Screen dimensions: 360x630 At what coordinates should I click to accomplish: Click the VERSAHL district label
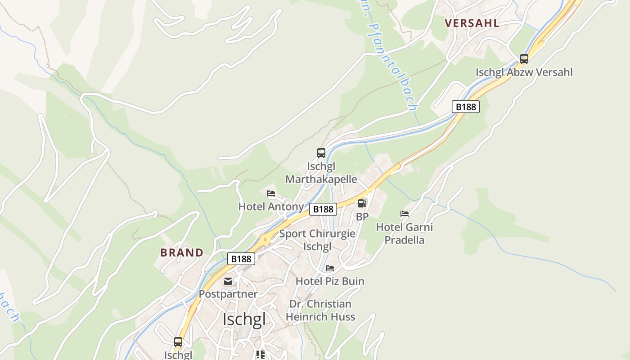[x=472, y=23]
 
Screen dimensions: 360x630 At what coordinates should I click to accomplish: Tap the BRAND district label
[x=182, y=252]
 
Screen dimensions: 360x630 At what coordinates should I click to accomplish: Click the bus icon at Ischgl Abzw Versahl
[x=524, y=58]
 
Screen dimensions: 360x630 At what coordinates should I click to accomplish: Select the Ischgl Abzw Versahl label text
[x=524, y=72]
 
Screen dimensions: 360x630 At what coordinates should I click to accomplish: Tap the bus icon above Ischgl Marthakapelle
[x=321, y=153]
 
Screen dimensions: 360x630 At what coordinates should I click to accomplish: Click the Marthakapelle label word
[x=321, y=179]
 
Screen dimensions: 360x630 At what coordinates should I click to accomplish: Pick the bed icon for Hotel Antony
[x=271, y=193]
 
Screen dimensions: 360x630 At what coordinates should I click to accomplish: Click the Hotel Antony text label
[x=271, y=207]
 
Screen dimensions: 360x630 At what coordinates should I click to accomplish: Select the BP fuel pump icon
[x=362, y=203]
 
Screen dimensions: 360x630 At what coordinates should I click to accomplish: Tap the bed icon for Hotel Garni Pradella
[x=405, y=214]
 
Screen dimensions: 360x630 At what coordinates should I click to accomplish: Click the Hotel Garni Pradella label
[x=404, y=233]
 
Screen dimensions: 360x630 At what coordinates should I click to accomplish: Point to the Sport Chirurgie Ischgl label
[x=317, y=240]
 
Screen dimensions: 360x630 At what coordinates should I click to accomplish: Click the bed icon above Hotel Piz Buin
[x=330, y=268]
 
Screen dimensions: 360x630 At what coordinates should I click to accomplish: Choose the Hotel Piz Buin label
[x=330, y=281]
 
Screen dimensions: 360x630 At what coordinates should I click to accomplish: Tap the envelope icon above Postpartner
[x=229, y=281]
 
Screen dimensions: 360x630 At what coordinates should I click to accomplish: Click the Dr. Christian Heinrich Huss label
[x=320, y=310]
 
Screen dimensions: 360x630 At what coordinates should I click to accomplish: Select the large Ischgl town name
[x=244, y=319]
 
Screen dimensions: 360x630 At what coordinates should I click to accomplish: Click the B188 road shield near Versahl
[x=465, y=107]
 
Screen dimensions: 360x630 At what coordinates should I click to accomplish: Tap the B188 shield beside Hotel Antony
[x=323, y=209]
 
